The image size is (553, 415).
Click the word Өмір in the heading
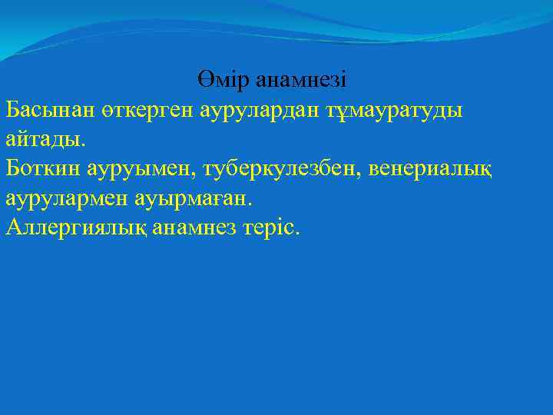(x=223, y=78)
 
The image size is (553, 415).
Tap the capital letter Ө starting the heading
(x=202, y=78)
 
